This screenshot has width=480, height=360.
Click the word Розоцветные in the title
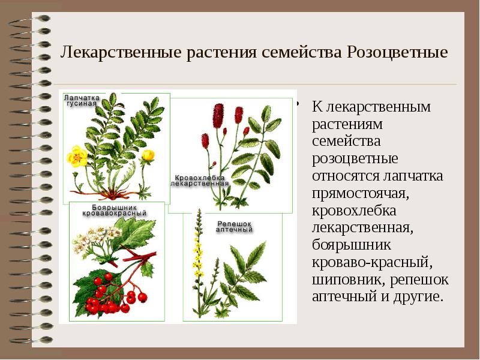(397, 52)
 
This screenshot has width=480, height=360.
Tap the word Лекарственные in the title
(115, 52)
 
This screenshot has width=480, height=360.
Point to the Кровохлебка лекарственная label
(200, 181)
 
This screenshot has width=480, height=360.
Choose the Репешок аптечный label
(233, 226)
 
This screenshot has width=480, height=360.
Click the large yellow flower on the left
(77, 157)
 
